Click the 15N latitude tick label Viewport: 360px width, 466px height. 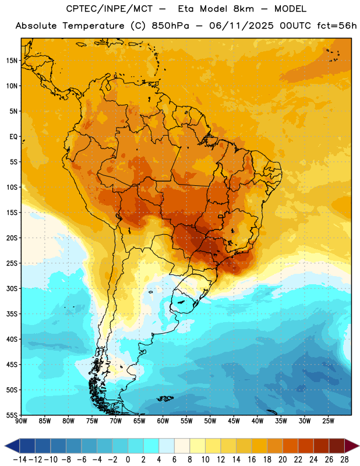point(12,61)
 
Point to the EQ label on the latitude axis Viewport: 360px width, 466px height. point(13,137)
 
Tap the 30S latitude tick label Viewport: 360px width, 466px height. point(12,288)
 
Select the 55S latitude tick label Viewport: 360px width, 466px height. point(12,415)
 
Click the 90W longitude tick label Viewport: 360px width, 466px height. point(21,421)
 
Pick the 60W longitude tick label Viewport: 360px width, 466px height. point(163,421)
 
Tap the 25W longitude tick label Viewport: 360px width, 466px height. point(328,421)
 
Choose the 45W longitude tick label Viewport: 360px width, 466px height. point(234,421)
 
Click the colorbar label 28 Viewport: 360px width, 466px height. point(344,460)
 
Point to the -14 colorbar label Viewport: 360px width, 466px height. point(20,460)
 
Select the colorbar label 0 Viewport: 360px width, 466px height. point(128,460)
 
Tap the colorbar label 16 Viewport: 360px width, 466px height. point(252,460)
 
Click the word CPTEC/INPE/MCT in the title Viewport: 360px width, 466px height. point(109,9)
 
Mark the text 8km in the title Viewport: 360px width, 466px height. point(243,9)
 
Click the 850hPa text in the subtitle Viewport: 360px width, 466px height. point(170,26)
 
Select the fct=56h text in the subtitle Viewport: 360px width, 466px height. point(337,26)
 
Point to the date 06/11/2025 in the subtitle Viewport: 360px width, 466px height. point(241,26)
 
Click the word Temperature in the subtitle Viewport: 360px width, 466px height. point(93,26)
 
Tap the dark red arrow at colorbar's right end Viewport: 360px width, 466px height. point(352,446)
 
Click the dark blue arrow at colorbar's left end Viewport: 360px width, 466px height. point(12,446)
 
